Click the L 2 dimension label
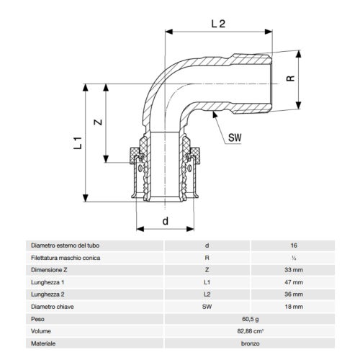[220, 23]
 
